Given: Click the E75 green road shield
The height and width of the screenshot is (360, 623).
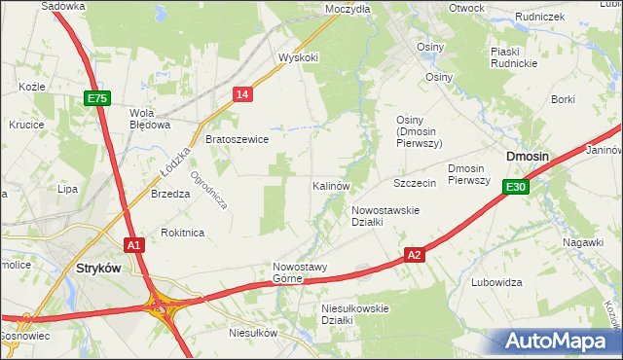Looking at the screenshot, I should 97,99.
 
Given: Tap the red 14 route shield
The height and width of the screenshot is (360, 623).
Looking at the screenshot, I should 243,93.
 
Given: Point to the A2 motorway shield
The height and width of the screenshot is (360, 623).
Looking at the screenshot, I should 415,254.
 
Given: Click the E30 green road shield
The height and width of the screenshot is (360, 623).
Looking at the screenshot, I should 516,188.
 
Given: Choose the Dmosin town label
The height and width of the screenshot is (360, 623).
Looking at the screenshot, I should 527,157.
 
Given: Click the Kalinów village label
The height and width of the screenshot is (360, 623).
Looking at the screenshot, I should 331,185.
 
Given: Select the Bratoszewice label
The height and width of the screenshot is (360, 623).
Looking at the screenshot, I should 237,139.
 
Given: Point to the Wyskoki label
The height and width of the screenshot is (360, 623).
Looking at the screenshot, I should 298,57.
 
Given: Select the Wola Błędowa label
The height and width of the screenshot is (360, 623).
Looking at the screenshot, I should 150,118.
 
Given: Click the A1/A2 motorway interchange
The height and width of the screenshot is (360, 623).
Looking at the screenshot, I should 162,308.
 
